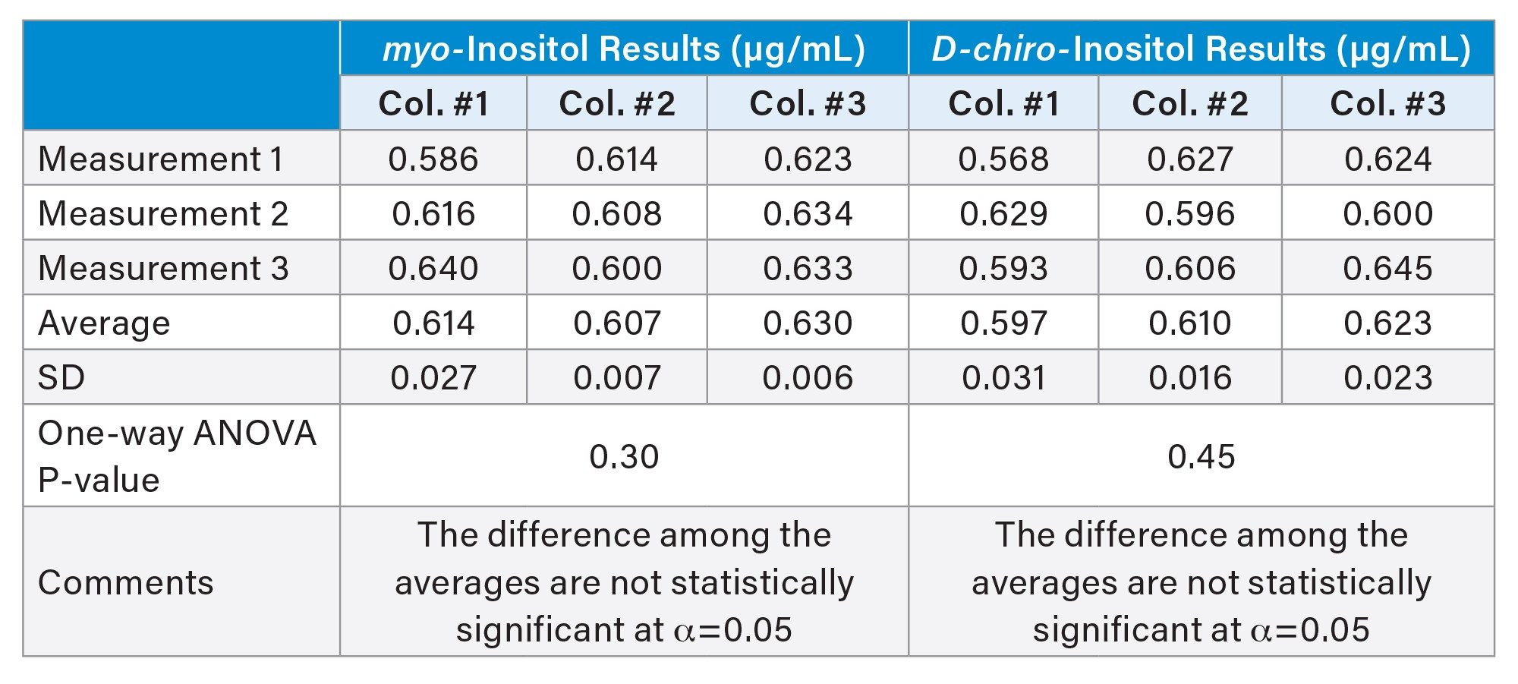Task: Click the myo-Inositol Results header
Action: click(624, 49)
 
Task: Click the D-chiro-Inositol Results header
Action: click(1201, 49)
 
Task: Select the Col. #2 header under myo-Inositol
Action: click(616, 104)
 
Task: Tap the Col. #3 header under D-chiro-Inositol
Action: click(1387, 104)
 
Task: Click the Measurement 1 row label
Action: click(161, 159)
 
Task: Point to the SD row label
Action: click(61, 377)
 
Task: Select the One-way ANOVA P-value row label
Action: click(176, 456)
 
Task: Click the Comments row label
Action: click(126, 583)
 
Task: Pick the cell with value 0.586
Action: click(433, 159)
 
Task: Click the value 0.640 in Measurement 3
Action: click(433, 269)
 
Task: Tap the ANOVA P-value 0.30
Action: click(624, 457)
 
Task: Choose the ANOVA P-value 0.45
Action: click(1201, 457)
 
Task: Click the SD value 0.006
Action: click(808, 378)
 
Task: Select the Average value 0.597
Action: click(1003, 323)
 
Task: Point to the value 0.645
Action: click(1387, 269)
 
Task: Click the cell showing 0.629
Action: click(1003, 214)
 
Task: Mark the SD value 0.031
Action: click(1003, 378)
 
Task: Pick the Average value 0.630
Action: click(808, 323)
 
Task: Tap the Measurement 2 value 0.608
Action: click(616, 214)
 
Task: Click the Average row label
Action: click(104, 323)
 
